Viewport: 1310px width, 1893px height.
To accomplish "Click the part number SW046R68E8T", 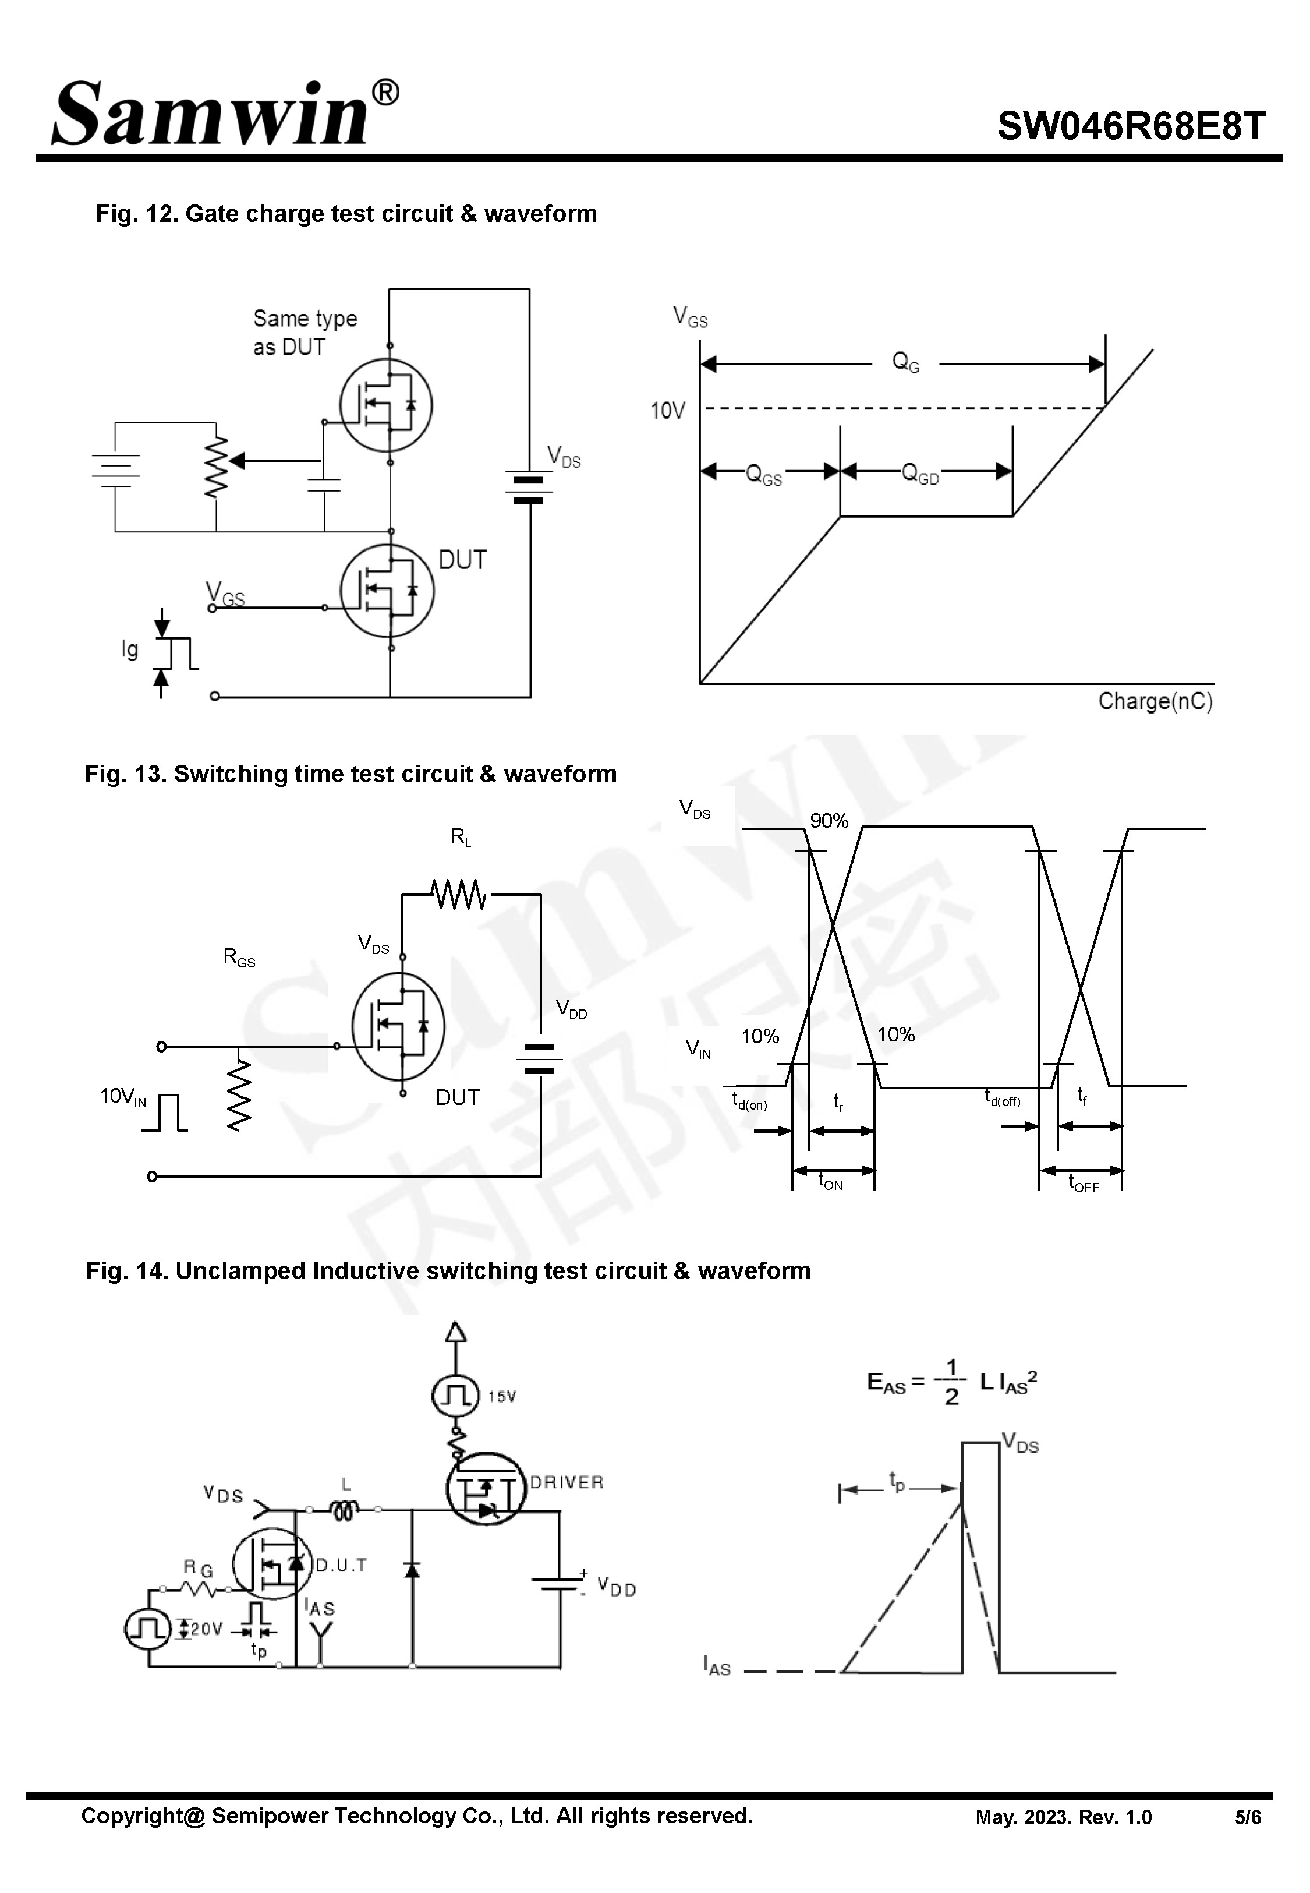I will point(1131,127).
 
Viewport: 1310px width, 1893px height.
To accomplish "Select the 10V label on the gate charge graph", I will point(667,411).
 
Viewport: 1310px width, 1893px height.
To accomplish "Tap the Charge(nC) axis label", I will point(1155,701).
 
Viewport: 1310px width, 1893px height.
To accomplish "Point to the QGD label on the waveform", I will point(919,474).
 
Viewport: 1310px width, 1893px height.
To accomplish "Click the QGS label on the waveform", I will point(763,475).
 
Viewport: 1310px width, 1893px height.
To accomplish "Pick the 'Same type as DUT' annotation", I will point(304,333).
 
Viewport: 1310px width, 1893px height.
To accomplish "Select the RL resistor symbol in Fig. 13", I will point(458,895).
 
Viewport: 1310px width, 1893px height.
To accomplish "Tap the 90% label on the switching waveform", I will point(829,821).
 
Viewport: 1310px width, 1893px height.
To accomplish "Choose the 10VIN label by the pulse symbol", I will point(123,1097).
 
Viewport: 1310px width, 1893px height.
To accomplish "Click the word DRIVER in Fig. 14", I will point(567,1482).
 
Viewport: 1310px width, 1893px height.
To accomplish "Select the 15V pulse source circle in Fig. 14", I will point(455,1396).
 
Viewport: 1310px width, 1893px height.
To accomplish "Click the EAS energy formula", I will point(951,1382).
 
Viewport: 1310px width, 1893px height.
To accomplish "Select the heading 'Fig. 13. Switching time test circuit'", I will point(350,774).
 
